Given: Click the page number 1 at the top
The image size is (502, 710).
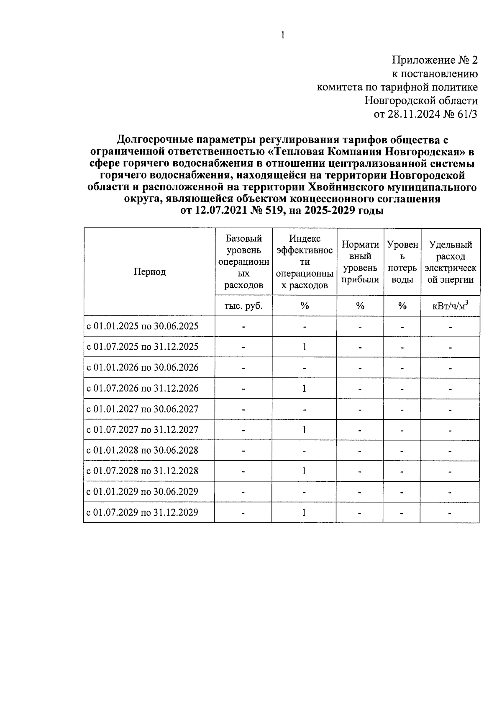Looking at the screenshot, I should coord(283,35).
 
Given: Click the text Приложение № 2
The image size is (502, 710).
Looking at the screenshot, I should coord(434,60).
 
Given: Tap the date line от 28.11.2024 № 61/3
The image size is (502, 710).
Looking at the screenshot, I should coord(425,114).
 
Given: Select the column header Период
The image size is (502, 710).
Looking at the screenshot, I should coord(149,272).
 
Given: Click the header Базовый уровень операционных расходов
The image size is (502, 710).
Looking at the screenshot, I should coord(243,262).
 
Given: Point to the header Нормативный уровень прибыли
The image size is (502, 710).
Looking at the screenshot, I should coord(360,262).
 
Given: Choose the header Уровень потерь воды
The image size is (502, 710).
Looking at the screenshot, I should coord(402,262).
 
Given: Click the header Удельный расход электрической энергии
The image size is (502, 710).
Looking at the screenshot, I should coord(450,262).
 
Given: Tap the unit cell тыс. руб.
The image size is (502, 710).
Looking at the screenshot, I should coord(243,306).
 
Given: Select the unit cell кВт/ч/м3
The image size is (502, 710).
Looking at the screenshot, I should coord(450,306).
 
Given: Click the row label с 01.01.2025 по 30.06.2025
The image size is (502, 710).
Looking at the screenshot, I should coord(142,326).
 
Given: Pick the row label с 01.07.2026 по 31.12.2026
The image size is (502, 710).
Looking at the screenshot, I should coord(142,388).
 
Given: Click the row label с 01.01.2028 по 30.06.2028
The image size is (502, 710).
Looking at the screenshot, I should coord(142,450).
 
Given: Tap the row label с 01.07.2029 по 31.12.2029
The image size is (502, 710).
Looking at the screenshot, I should coord(142,512).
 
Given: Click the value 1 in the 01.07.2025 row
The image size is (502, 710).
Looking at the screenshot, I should coord(305,347).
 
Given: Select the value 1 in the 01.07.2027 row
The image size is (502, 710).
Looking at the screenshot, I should coord(305,430).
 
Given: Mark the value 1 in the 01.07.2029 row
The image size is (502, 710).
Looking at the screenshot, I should coord(305,512).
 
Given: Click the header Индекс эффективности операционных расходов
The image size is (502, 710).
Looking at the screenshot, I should coord(305,262).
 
